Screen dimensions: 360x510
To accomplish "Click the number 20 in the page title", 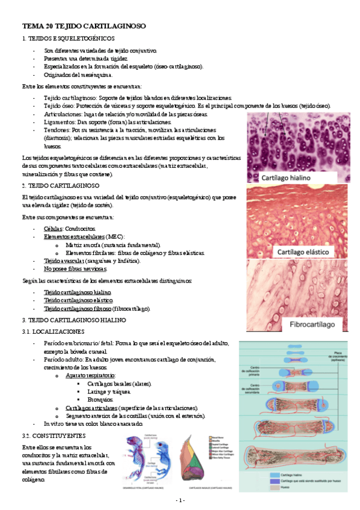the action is tap(55, 27).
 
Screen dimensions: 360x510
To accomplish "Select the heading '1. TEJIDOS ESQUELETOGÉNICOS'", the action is tap(72, 38).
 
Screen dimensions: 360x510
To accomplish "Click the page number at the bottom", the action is tap(180, 500).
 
